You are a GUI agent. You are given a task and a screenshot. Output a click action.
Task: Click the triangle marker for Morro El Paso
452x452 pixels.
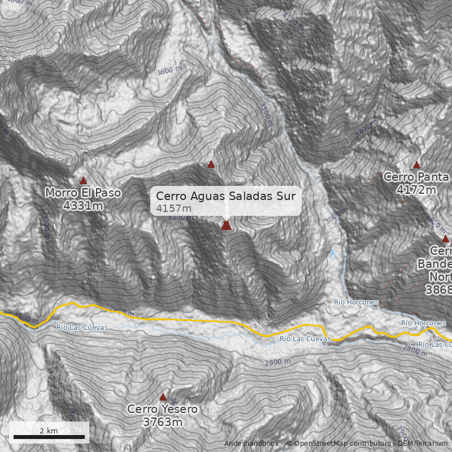coord(83,180)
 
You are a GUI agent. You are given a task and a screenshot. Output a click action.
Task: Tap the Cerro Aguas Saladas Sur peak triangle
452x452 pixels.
coord(226,225)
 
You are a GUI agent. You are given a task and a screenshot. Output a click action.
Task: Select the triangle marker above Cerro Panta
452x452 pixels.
coord(416,164)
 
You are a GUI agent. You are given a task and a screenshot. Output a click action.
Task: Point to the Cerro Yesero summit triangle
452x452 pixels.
coord(163,397)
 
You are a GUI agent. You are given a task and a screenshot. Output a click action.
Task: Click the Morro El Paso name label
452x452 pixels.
coord(83,193)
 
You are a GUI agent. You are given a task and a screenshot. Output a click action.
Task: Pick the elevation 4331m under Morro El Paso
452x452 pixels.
coord(83,206)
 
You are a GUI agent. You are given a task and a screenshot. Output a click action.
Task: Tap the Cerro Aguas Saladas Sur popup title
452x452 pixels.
coord(225,196)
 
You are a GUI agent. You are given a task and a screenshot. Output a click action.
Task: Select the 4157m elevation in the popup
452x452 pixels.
coord(174,208)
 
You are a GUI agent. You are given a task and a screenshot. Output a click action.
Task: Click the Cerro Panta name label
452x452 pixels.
coord(416,177)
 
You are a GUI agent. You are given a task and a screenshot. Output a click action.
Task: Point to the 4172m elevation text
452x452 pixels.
coord(416,190)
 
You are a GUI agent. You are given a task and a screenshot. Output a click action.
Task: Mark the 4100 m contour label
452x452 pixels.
coord(294,22)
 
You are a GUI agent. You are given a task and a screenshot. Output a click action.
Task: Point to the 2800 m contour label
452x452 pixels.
coord(415,351)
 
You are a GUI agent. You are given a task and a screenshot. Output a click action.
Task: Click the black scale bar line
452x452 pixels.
coord(49,437)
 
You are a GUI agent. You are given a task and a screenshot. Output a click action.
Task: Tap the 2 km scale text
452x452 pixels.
coord(49,431)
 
